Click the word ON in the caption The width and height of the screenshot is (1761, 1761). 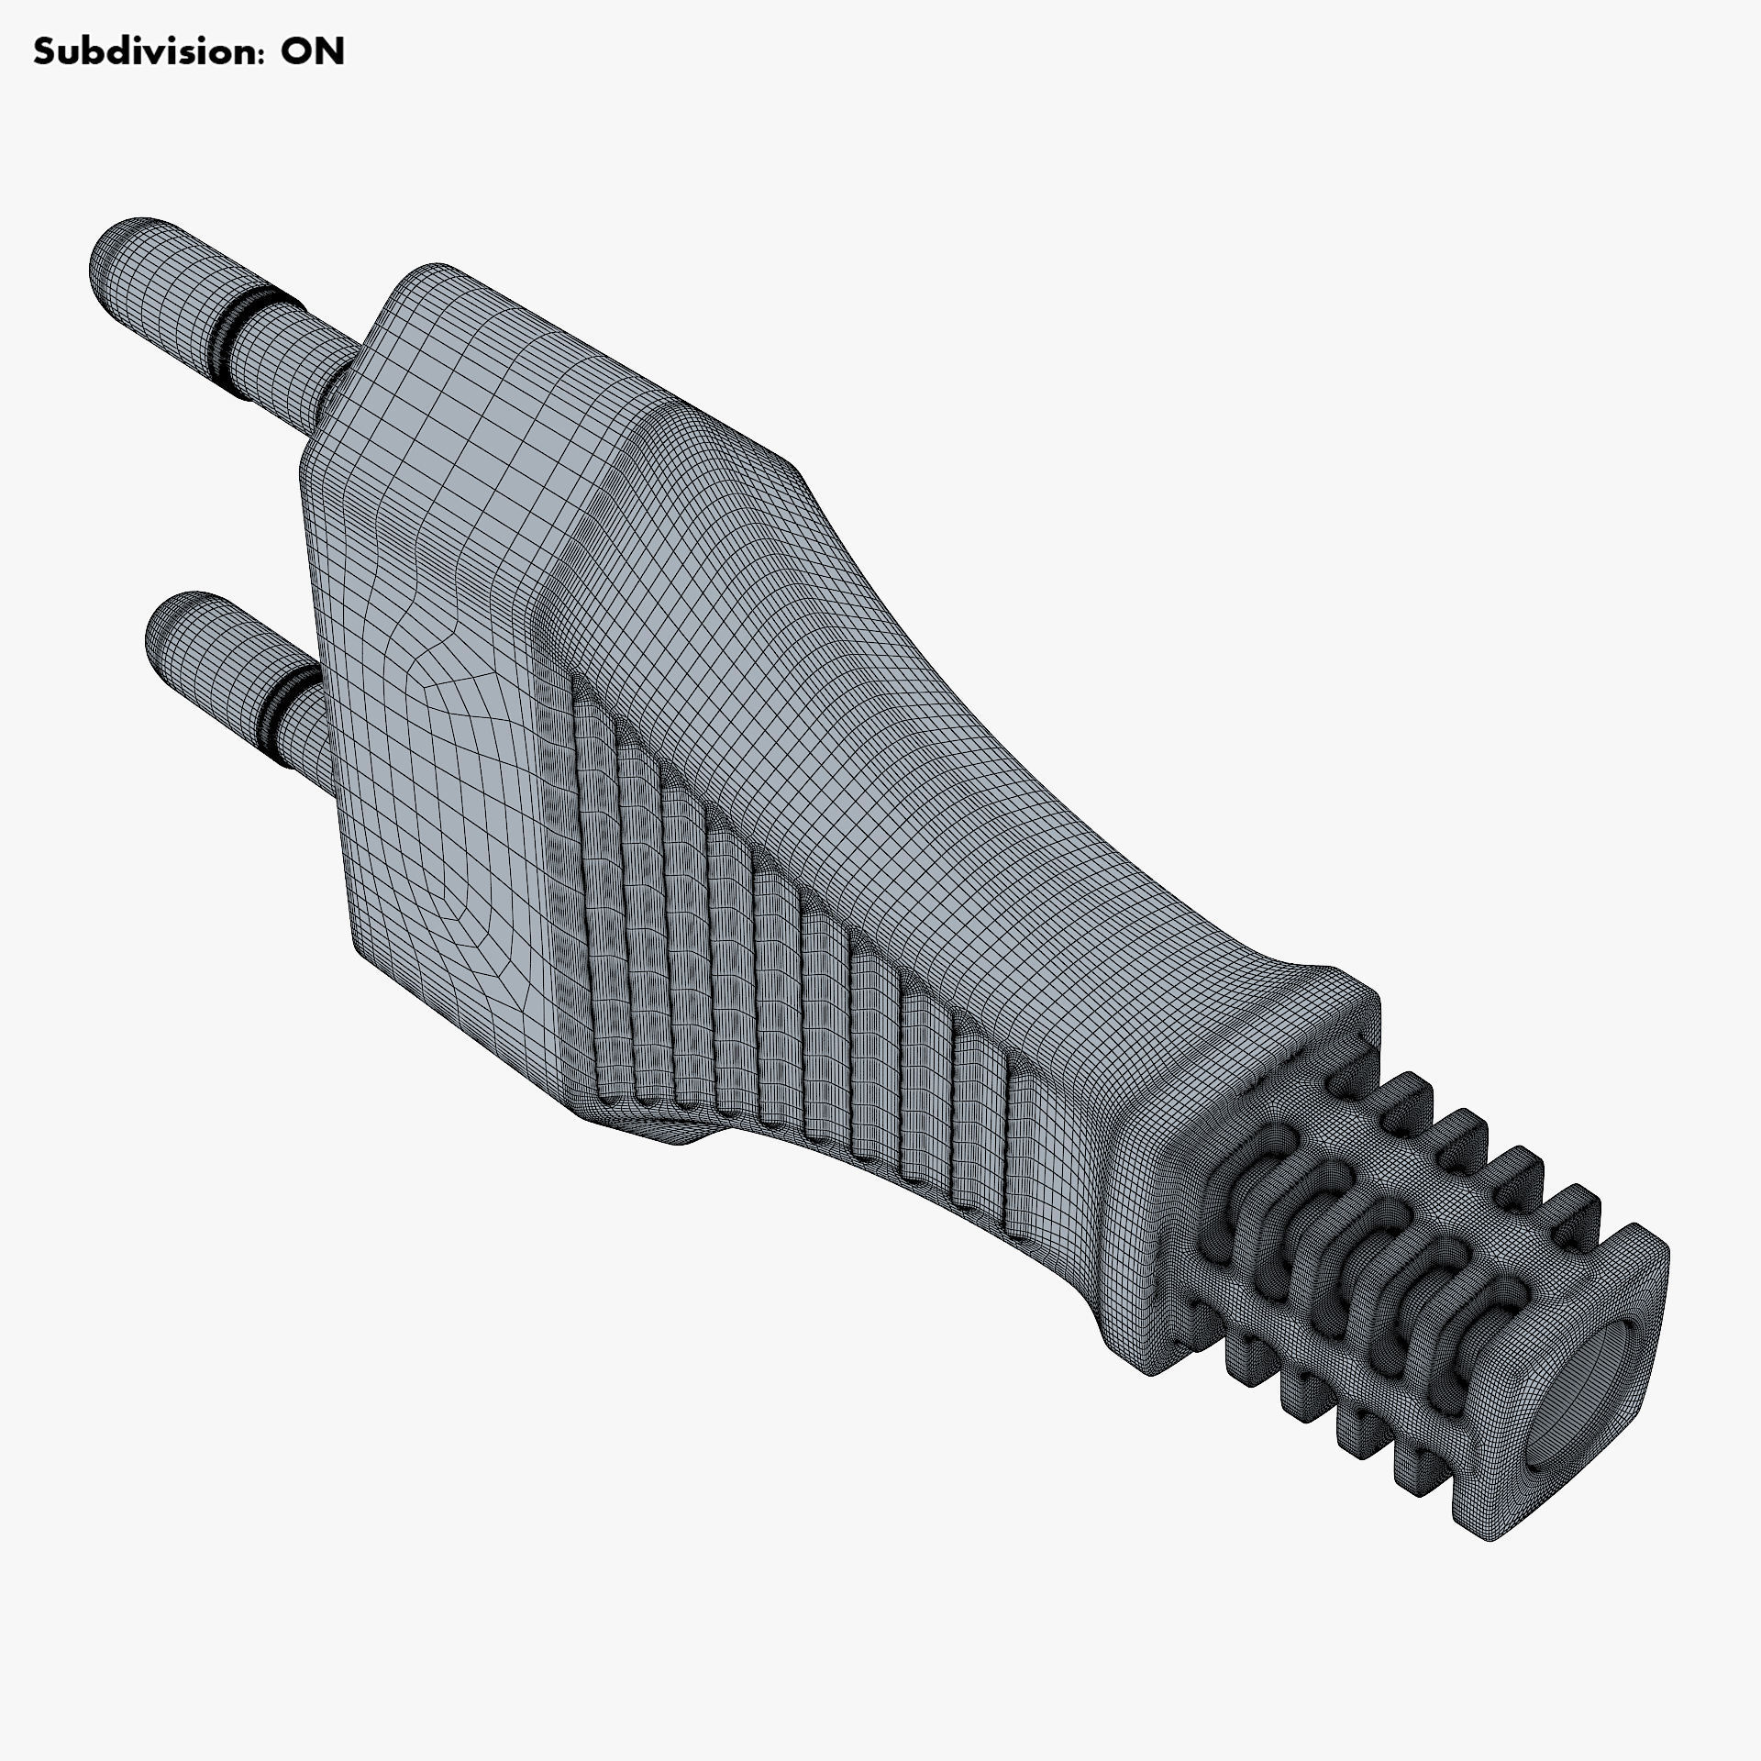pos(312,52)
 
